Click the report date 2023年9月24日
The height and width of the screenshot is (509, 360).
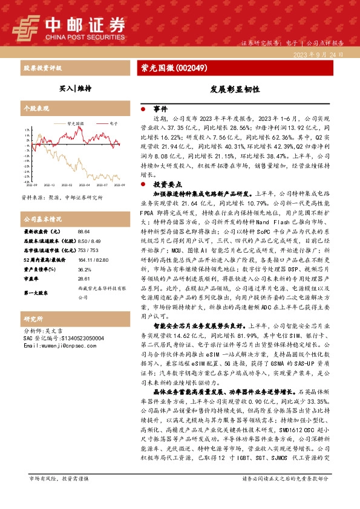click(x=319, y=54)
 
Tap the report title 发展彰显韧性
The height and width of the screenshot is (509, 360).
click(x=227, y=88)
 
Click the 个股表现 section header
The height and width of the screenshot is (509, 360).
click(x=35, y=108)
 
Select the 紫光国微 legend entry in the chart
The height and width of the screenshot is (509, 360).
click(x=74, y=122)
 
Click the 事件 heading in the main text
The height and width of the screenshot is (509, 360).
click(x=160, y=109)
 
